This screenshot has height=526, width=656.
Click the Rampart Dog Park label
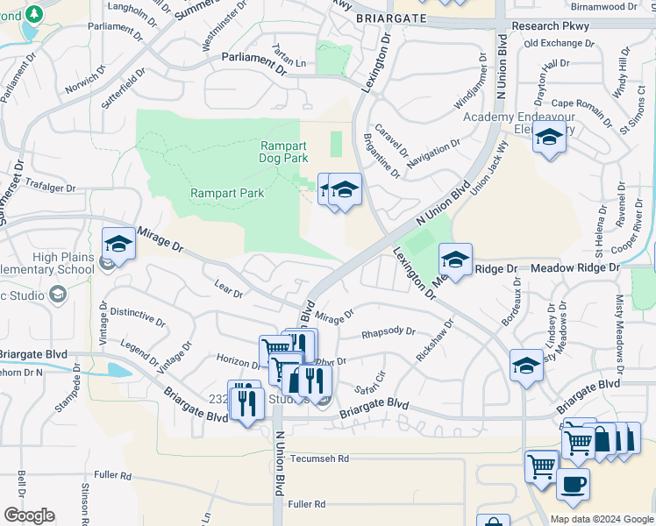284,153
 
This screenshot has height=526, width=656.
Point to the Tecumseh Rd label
319,458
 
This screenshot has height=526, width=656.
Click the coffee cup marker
573,484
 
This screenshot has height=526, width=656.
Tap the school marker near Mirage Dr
118,245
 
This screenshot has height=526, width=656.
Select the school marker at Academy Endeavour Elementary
549,139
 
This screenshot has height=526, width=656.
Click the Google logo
29,515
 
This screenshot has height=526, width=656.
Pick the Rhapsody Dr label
388,332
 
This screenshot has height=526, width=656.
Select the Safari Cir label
370,383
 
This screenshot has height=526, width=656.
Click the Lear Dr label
228,288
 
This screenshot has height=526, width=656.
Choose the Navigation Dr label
433,150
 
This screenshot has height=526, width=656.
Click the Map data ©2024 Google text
601,519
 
